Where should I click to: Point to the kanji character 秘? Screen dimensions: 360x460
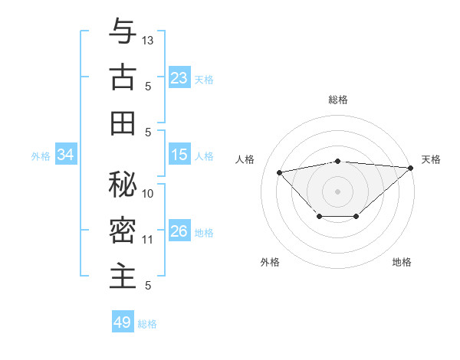tap(123, 184)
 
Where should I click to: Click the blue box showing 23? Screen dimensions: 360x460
tap(179, 78)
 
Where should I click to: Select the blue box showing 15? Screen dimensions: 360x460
tap(179, 155)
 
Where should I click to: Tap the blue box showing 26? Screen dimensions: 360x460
tap(179, 232)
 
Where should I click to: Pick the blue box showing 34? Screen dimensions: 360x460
tap(66, 155)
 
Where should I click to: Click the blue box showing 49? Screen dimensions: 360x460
tap(123, 322)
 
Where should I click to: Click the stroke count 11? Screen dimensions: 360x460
tap(148, 240)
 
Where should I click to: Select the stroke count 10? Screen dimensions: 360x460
tap(148, 194)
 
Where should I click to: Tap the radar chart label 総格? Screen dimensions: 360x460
tap(337, 100)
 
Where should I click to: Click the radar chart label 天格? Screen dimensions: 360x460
tap(431, 159)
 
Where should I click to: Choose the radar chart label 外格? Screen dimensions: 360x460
tap(270, 262)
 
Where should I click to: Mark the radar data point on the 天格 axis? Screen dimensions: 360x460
tap(411, 168)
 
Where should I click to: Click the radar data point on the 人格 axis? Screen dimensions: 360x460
tap(280, 172)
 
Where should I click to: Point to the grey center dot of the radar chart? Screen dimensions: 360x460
tap(337, 191)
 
